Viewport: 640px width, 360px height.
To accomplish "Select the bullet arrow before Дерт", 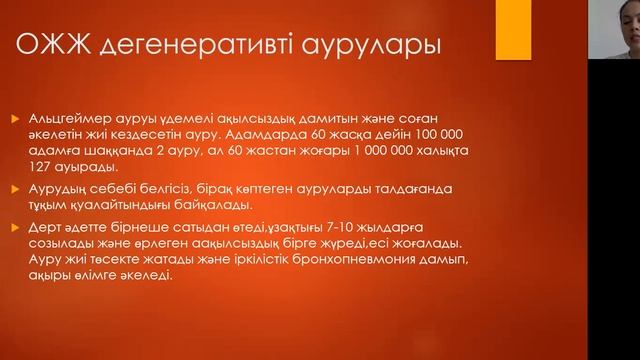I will pyautogui.click(x=13, y=229).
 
